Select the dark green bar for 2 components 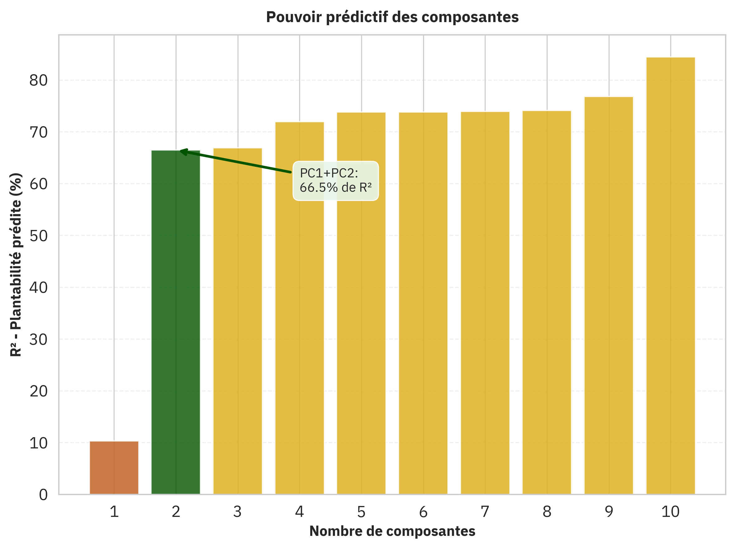176,322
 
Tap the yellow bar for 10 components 670,275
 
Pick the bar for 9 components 609,295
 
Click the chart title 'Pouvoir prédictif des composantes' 392,17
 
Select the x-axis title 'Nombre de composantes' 392,531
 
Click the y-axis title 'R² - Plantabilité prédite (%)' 16,265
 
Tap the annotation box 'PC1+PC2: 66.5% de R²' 336,181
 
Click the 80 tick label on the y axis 39,80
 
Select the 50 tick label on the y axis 39,236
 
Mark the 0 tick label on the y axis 43,494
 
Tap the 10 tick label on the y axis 39,443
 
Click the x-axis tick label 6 423,512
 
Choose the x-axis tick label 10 670,512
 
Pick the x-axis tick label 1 114,512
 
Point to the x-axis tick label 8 547,512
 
